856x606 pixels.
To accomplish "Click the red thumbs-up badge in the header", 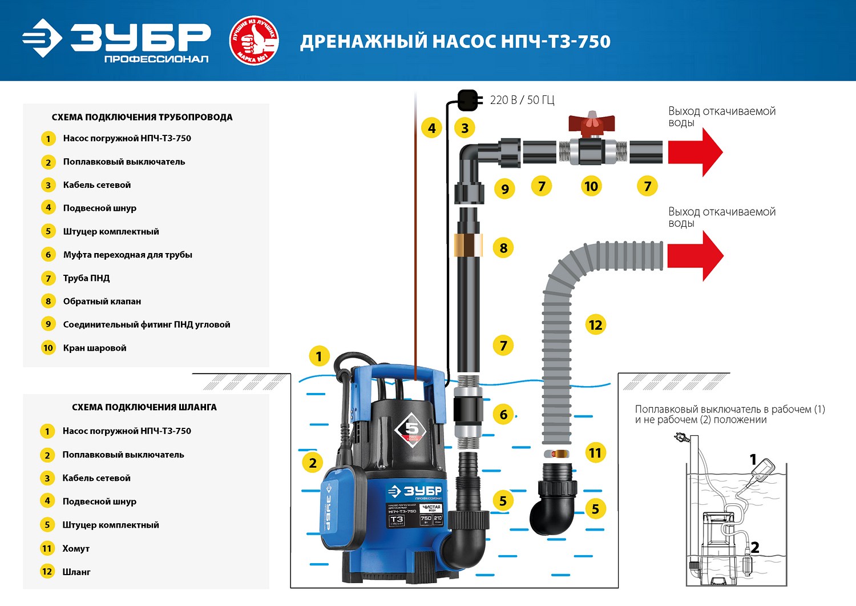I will pos(254,41).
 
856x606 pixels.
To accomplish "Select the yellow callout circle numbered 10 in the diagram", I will pos(591,186).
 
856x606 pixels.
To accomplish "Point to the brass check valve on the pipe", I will pos(468,244).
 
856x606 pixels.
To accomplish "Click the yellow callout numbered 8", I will pos(503,248).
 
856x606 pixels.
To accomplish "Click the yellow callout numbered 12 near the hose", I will pos(595,325).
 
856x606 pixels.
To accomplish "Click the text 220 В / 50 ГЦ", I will pos(522,100).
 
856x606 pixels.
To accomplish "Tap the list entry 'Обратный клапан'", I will pos(102,301).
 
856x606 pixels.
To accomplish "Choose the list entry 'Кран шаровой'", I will pos(95,348).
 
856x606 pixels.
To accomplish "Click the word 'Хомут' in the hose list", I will pos(76,548).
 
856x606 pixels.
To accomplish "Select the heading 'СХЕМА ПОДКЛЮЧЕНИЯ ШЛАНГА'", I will pos(144,407).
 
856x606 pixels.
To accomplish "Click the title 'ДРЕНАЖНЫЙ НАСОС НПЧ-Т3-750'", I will pos(455,42).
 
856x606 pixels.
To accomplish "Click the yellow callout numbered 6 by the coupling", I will pos(503,415).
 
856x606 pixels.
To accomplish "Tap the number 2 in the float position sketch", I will pos(754,547).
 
